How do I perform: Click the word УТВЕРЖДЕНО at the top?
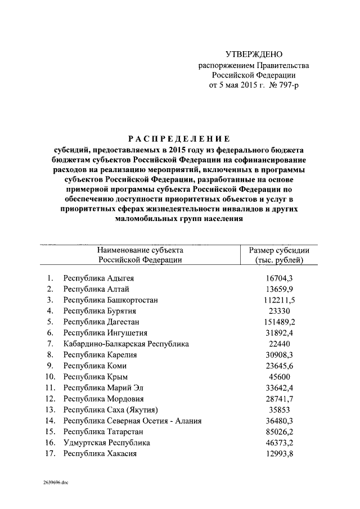tap(253, 55)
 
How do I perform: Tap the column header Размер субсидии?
tap(279, 250)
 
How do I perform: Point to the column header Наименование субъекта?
tap(140, 250)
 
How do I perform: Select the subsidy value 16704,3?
tap(280, 278)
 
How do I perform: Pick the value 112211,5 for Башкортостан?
tap(280, 300)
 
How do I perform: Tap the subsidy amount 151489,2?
tap(280, 322)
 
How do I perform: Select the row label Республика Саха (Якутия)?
tap(110, 409)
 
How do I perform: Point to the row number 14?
tap(50, 420)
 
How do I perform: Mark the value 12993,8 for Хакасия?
tap(280, 453)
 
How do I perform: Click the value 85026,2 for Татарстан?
tap(280, 431)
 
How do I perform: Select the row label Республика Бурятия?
tap(100, 311)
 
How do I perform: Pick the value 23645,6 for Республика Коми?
tap(280, 366)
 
